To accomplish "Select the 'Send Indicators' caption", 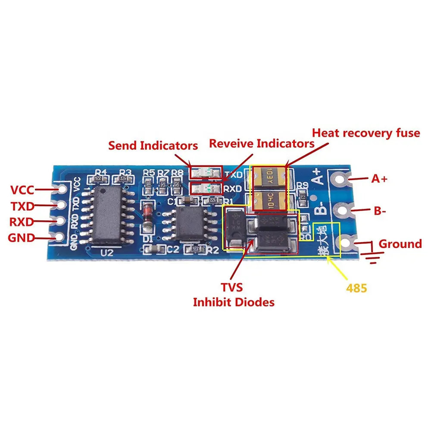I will [x=153, y=145].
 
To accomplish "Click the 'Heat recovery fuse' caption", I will [x=366, y=133].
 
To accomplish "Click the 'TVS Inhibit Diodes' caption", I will [x=233, y=295].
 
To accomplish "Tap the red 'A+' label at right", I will [x=380, y=178].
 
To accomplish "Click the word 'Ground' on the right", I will [x=400, y=244].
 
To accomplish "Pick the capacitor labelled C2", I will [x=154, y=249].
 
